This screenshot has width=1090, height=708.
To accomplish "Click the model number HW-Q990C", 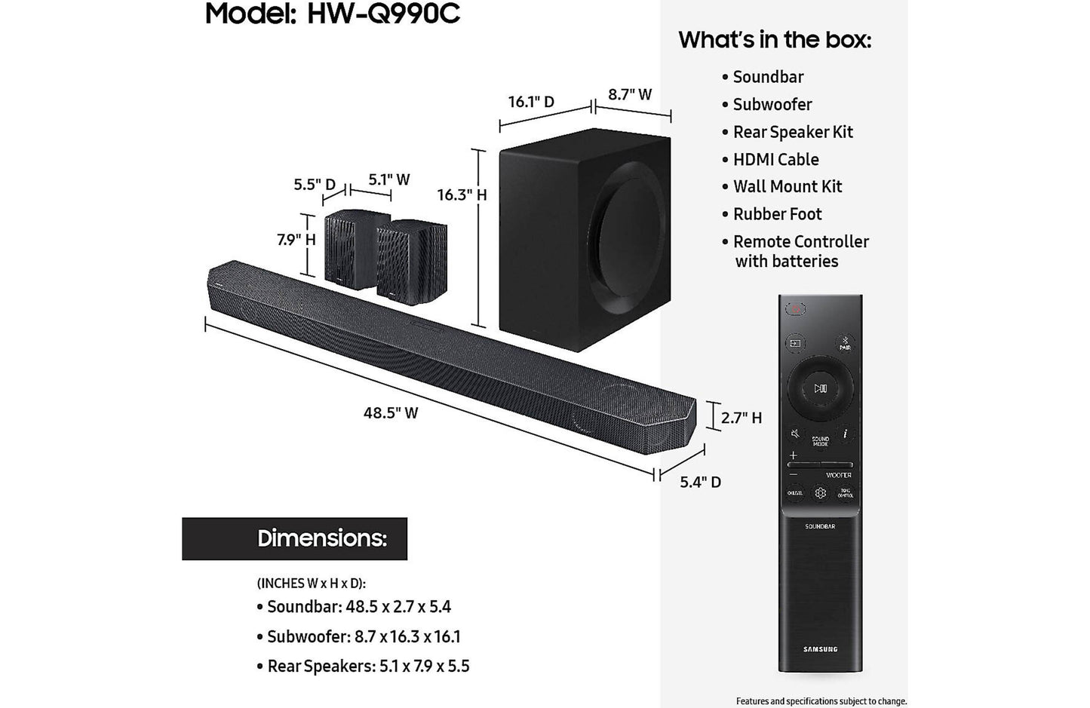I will click(383, 14).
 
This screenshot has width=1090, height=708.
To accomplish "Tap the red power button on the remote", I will click(795, 309).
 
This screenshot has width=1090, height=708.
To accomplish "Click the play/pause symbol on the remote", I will click(820, 388).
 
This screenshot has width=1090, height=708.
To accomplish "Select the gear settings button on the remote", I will click(820, 493).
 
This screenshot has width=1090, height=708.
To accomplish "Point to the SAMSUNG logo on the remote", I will click(820, 649).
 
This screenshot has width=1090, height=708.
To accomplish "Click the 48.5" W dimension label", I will click(391, 413).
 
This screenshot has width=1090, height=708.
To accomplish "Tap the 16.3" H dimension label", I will click(462, 195).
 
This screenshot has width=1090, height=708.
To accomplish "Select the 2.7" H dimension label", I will click(741, 418).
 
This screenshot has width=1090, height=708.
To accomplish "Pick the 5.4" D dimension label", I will click(700, 483).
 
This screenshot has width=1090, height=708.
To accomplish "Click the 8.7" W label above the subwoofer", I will click(630, 95).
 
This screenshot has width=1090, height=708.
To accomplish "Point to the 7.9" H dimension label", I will click(296, 240).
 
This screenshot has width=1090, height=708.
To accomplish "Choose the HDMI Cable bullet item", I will click(775, 160).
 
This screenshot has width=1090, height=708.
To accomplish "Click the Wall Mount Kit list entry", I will click(787, 187).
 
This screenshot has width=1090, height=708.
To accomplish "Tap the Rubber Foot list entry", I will click(777, 214).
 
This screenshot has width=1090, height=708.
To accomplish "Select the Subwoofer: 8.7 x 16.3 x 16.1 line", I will click(363, 636).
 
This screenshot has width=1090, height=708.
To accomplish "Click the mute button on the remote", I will click(795, 434).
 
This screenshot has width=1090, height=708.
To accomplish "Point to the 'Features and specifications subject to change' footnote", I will click(821, 701).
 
